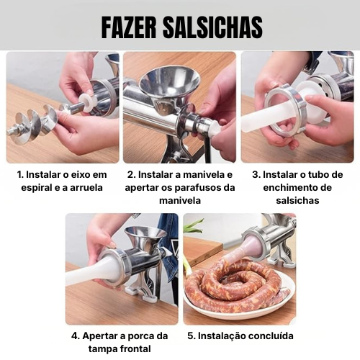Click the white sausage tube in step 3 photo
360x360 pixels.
[262, 117]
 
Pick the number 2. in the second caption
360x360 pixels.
[132, 175]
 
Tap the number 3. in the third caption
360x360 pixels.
[256, 175]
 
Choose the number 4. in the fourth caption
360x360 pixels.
[76, 336]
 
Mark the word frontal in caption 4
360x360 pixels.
[135, 349]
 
